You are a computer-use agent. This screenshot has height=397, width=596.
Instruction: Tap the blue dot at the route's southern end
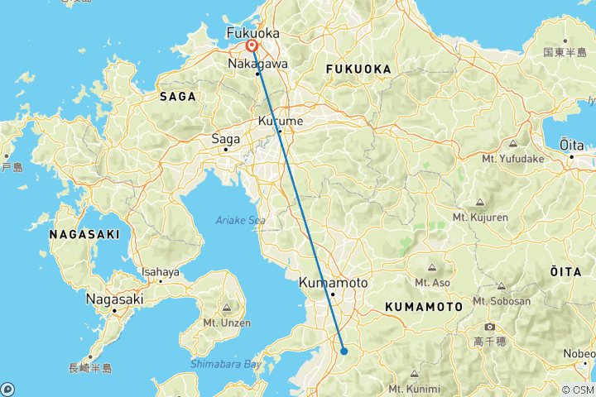344,352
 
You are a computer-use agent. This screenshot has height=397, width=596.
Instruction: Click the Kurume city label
282,121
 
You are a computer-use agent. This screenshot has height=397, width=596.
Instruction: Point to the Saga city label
225,139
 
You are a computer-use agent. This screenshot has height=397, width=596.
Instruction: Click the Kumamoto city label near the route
332,282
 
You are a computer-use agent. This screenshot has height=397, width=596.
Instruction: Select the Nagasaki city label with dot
115,299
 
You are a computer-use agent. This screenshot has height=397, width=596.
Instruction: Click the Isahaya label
160,271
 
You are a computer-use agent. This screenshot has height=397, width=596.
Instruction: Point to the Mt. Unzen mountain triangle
226,306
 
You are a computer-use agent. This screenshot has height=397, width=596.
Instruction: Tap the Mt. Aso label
432,282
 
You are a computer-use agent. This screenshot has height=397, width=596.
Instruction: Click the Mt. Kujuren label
480,217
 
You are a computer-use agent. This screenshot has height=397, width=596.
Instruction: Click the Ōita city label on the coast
571,145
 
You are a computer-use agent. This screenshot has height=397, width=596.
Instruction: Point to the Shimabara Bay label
225,364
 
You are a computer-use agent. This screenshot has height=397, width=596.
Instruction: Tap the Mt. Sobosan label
502,301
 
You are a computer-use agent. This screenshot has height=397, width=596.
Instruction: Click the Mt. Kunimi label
414,388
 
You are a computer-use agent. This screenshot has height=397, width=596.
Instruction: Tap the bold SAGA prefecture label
178,97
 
